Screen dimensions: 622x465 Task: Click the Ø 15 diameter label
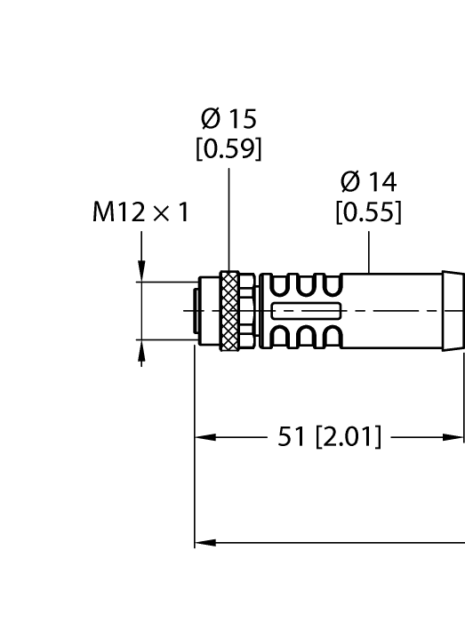coord(228,119)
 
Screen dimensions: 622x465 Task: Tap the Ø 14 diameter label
coord(368,183)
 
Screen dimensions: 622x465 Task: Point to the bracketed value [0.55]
coord(368,213)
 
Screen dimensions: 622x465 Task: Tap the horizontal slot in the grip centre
coord(308,311)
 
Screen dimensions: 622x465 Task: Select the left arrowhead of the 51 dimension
coord(204,437)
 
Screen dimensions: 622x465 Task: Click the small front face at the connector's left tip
coord(197,310)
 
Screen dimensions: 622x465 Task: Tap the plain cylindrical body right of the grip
coord(391,310)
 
